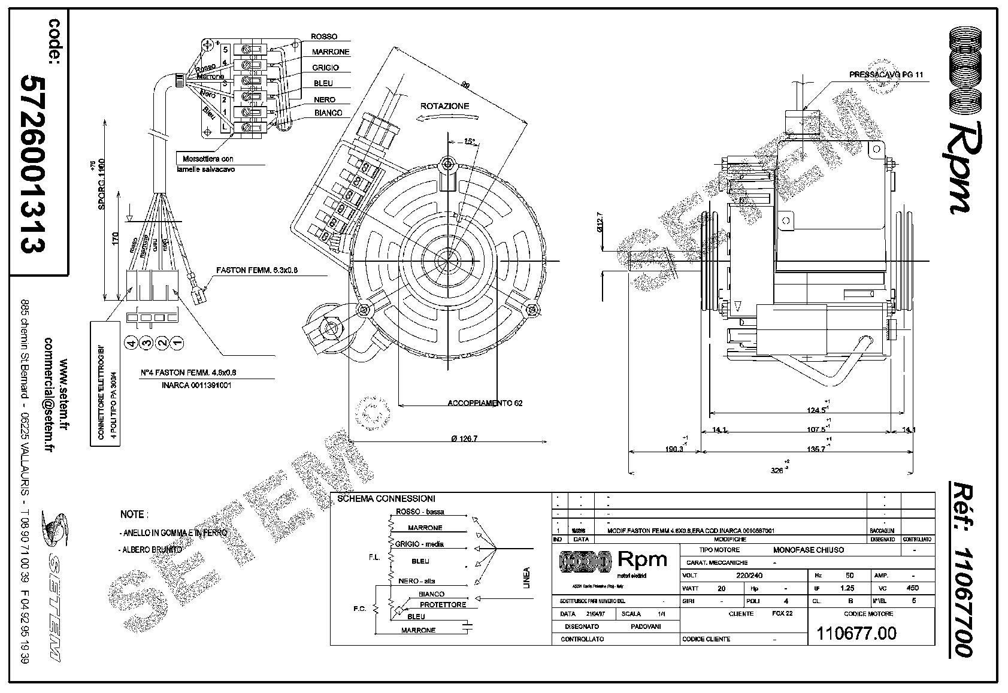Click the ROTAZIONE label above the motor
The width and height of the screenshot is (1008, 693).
pyautogui.click(x=444, y=106)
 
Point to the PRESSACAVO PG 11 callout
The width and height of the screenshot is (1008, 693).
pyautogui.click(x=886, y=75)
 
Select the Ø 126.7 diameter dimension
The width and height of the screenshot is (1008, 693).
pyautogui.click(x=464, y=439)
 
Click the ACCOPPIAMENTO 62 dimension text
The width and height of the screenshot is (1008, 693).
pyautogui.click(x=485, y=403)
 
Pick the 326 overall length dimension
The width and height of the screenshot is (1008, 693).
pyautogui.click(x=777, y=470)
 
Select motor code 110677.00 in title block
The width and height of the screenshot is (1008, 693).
pyautogui.click(x=856, y=633)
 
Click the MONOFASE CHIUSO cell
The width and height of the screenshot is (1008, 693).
pyautogui.click(x=808, y=550)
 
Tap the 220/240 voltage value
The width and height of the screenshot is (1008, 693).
pyautogui.click(x=751, y=576)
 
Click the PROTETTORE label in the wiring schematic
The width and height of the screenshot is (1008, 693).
pyautogui.click(x=443, y=605)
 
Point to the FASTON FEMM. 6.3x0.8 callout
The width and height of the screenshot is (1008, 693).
pyautogui.click(x=257, y=270)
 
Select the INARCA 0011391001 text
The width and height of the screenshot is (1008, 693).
pyautogui.click(x=196, y=385)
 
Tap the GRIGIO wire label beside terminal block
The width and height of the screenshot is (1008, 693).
pyautogui.click(x=325, y=68)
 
